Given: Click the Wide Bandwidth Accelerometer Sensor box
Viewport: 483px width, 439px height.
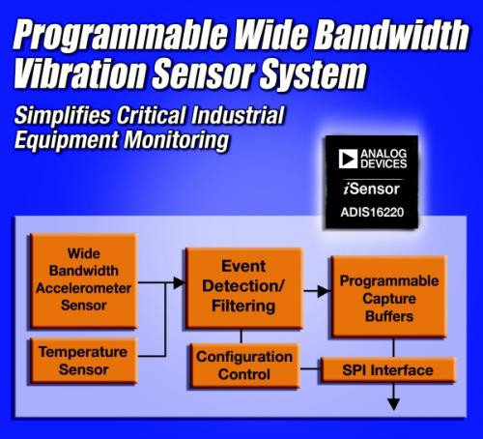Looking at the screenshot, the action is point(84,280).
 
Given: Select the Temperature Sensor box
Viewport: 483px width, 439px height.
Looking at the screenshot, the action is point(84,361).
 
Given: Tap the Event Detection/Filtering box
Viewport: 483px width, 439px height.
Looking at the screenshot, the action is point(243,288).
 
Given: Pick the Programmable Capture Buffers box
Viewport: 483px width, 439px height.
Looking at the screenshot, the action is point(388,297).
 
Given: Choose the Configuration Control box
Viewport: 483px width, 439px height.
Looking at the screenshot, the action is point(244,366).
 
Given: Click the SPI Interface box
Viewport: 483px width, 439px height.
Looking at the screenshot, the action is point(388,370).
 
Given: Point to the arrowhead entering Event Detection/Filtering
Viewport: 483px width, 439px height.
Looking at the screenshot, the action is point(180,282).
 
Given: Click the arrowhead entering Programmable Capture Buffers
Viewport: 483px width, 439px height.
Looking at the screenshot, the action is point(325,291).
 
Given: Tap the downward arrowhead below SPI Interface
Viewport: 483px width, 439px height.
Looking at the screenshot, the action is point(393,404).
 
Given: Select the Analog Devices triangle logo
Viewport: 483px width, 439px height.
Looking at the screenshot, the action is point(348,159).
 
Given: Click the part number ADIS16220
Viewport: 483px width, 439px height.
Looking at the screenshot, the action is point(372,212).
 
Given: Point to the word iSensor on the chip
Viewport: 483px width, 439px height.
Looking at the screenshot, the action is point(372,189).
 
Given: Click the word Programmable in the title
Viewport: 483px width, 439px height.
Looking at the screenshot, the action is point(121,35).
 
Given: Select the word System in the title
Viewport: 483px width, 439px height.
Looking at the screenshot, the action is point(314,74).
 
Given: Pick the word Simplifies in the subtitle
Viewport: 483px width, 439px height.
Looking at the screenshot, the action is point(63,115).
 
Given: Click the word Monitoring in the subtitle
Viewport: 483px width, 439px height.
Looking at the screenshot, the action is point(177,140).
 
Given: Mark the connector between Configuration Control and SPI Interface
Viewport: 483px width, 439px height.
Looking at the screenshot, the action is point(310,368).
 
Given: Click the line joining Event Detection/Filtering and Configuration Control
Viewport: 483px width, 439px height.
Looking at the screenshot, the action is point(241,337).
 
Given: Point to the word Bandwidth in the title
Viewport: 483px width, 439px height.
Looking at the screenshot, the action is point(391,34).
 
